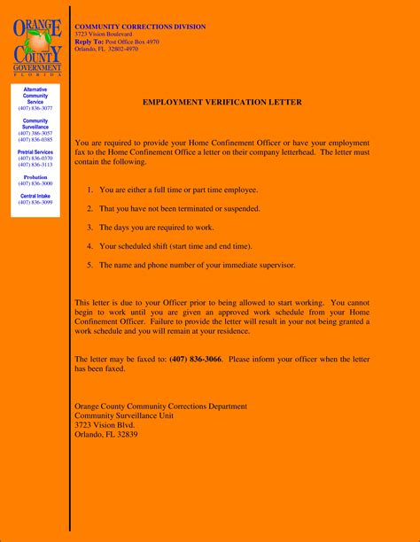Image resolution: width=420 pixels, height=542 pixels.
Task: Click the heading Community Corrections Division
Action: pyautogui.click(x=140, y=27)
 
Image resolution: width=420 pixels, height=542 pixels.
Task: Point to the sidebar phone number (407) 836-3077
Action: pyautogui.click(x=35, y=108)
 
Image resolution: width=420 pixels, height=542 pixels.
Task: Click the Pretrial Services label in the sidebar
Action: pyautogui.click(x=35, y=152)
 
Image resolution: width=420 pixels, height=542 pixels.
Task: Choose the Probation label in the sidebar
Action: pyautogui.click(x=35, y=177)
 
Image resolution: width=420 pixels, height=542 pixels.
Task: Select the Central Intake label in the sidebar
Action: pyautogui.click(x=35, y=196)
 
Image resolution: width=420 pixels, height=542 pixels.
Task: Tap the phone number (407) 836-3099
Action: pyautogui.click(x=35, y=203)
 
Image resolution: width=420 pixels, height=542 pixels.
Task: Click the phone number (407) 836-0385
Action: pyautogui.click(x=35, y=140)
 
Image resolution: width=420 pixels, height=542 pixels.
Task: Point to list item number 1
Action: pyautogui.click(x=90, y=190)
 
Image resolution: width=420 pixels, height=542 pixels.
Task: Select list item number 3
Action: pyautogui.click(x=90, y=228)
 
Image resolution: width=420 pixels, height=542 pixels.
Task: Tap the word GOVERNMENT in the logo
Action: pyautogui.click(x=37, y=68)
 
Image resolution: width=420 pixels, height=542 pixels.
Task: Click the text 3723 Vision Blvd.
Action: pyautogui.click(x=105, y=425)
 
